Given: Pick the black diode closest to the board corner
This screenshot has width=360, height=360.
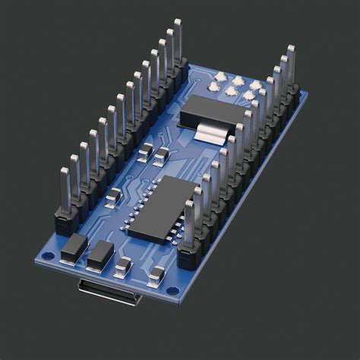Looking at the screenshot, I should pos(74,247).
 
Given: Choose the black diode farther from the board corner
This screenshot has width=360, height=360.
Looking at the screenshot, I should pos(99,256).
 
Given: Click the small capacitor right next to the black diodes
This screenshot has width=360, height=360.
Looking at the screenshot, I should pos(123,267).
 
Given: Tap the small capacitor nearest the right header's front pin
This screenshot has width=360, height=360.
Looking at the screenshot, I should pos(156,276).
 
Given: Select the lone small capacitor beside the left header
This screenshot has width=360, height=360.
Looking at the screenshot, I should pos(113,199).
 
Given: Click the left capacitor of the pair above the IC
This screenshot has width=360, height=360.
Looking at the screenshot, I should pos(145,151).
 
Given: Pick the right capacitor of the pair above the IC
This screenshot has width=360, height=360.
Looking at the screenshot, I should pos(161,156).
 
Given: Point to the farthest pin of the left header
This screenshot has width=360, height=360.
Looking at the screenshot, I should pos(177,42).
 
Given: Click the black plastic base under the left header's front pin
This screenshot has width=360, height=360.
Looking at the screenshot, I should pos(67,222).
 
